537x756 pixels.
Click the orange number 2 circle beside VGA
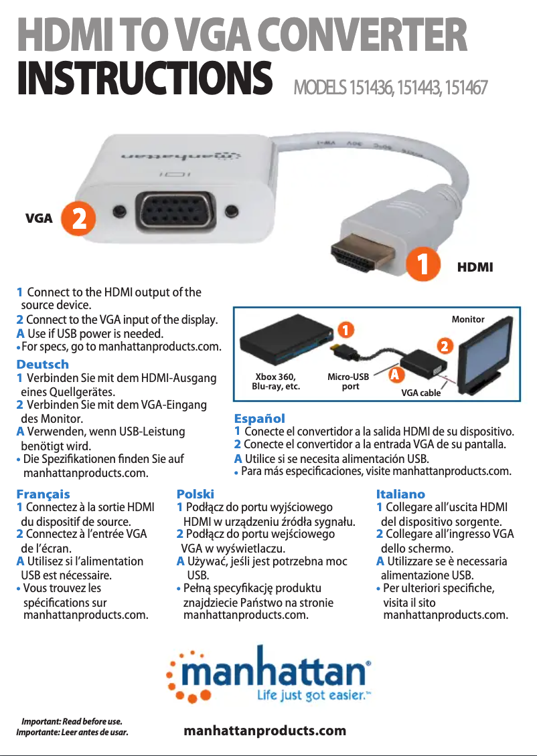point(78,218)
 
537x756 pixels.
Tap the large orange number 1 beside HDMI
point(423,264)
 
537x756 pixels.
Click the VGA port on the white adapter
point(175,211)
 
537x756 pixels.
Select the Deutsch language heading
point(42,364)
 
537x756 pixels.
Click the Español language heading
point(260,418)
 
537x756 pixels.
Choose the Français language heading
point(43,494)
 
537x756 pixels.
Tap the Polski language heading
point(196,494)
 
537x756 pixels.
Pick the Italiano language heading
point(400,494)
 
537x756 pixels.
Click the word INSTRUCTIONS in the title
point(145,78)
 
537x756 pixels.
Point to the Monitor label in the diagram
point(468,319)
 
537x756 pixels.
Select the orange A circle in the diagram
point(395,374)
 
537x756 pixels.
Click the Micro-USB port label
point(348,381)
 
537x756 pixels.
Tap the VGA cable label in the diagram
point(420,393)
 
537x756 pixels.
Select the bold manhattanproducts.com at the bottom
point(265,731)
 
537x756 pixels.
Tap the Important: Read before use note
point(72,721)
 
